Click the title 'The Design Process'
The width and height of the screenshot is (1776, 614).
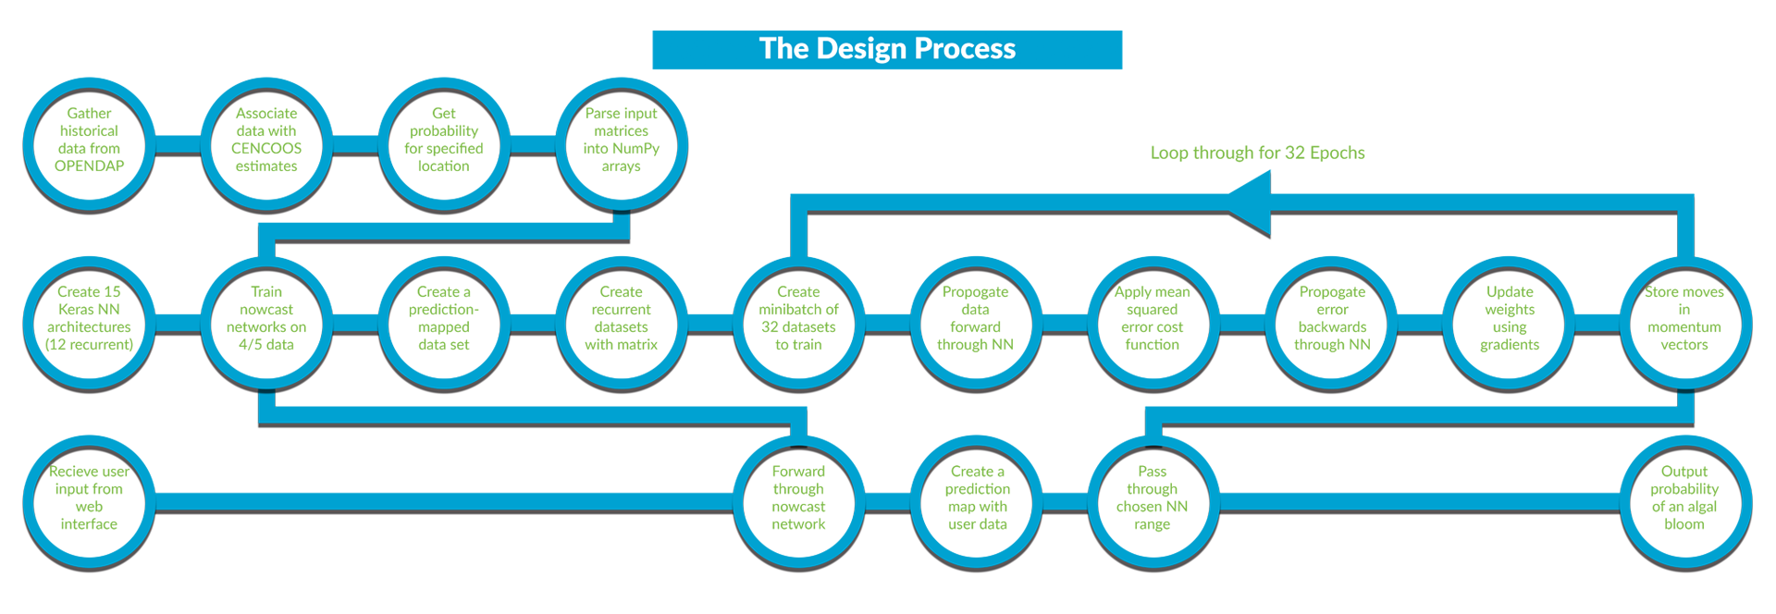[x=887, y=49]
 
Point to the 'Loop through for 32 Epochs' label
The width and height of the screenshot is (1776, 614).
[x=1257, y=153]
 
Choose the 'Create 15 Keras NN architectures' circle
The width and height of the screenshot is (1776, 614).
[x=89, y=323]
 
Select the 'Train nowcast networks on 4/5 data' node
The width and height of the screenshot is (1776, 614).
[x=266, y=323]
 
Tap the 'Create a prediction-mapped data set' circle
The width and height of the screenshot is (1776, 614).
[x=444, y=323]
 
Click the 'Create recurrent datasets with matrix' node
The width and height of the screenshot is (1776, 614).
[x=622, y=323]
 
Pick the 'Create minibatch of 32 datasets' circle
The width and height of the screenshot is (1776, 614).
[x=799, y=323]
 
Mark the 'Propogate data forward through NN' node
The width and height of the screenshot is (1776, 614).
[x=976, y=323]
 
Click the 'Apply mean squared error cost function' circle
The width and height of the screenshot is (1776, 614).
[x=1153, y=323]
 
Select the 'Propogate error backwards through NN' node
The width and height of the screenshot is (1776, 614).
[x=1332, y=323]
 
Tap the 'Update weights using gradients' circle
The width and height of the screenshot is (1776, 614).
[x=1510, y=323]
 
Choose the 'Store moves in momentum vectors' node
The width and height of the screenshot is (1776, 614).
[x=1685, y=323]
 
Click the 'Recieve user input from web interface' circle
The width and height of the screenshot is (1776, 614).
[x=89, y=502]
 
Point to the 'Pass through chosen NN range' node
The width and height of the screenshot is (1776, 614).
[x=1153, y=502]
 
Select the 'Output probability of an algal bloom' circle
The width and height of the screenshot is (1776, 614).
[x=1685, y=502]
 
